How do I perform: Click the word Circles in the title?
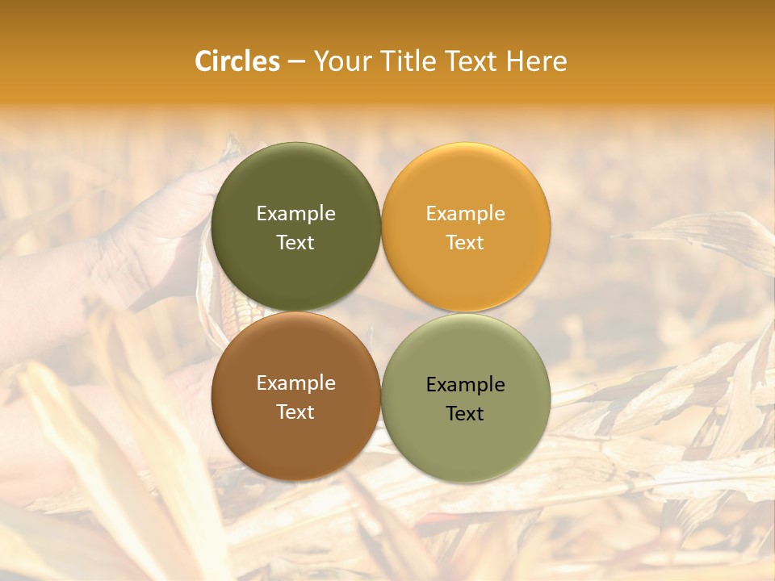click(237, 61)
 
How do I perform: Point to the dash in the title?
click(296, 62)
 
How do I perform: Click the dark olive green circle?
click(295, 186)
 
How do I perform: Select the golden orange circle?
click(465, 186)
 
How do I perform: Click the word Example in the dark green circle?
click(295, 213)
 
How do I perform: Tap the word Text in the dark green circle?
click(295, 242)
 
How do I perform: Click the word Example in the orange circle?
click(465, 213)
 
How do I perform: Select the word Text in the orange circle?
click(465, 242)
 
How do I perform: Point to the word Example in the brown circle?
click(295, 382)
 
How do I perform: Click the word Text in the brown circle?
click(295, 412)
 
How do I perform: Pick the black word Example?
click(465, 384)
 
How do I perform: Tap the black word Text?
click(465, 413)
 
